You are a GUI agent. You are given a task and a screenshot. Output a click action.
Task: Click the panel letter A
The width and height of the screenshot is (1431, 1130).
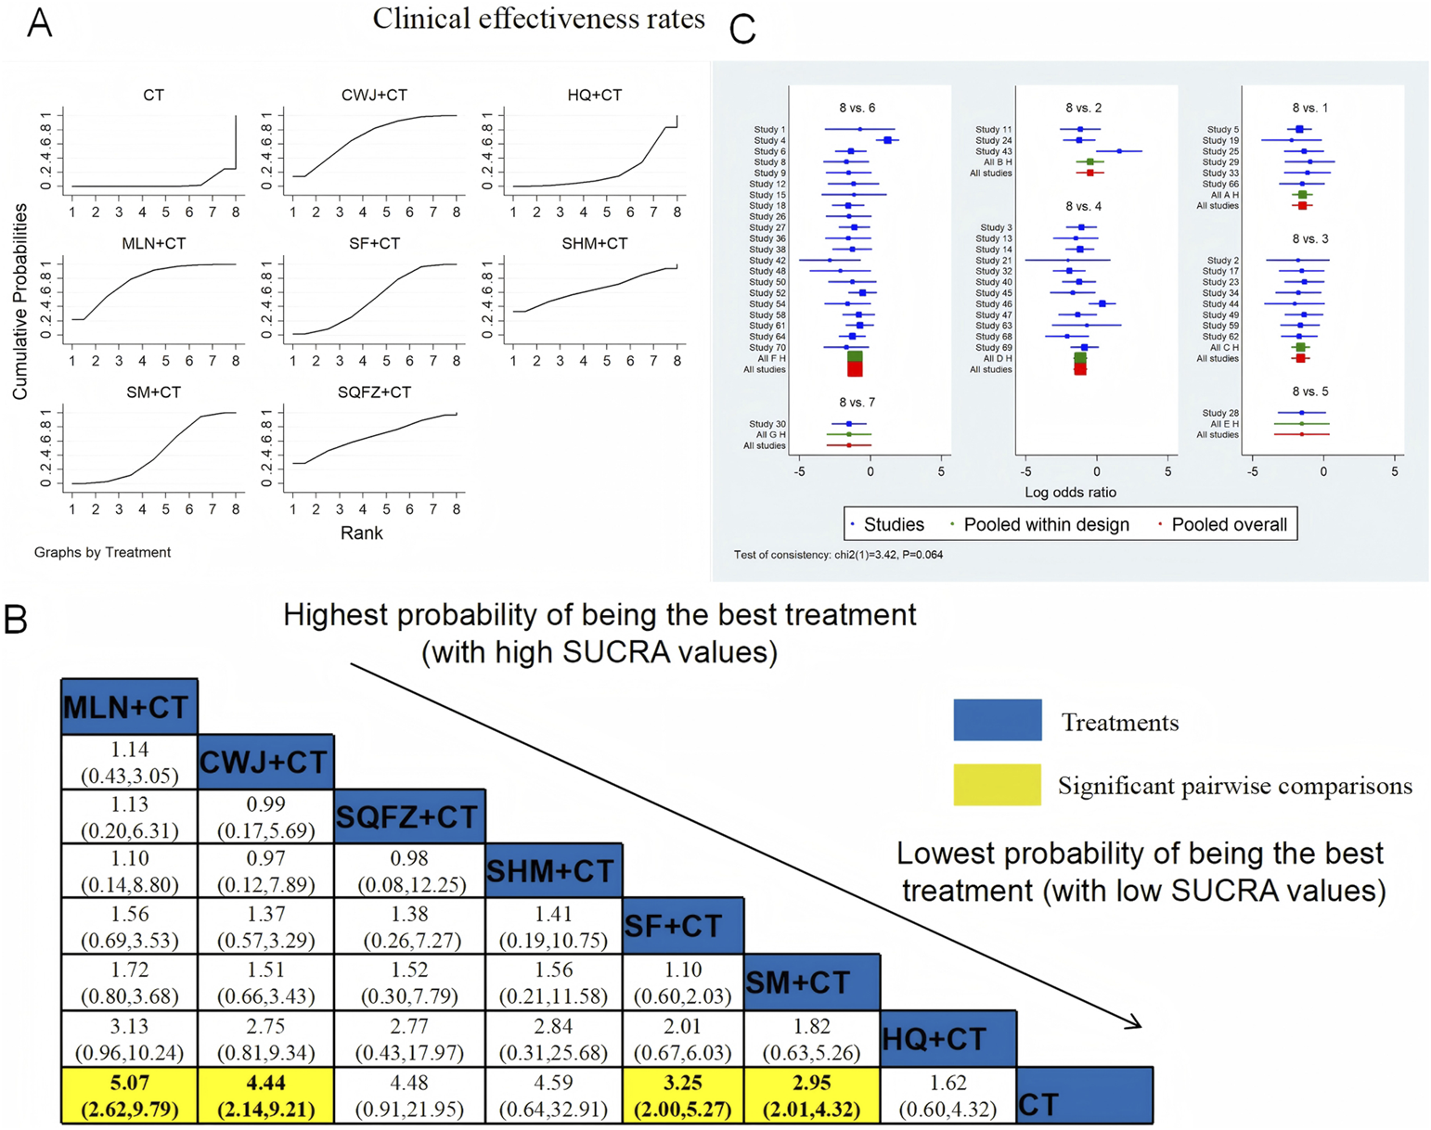tap(39, 23)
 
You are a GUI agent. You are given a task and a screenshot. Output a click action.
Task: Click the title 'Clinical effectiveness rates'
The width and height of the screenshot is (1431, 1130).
tap(538, 19)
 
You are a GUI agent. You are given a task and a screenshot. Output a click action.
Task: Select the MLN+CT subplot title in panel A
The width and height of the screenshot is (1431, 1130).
tap(153, 244)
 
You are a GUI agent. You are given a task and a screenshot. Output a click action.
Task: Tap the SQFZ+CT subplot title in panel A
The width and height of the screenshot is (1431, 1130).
tap(374, 392)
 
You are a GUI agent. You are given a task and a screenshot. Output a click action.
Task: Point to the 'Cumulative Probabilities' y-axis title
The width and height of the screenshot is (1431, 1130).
tap(20, 302)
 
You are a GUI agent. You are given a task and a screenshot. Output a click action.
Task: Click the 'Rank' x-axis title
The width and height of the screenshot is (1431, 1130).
tap(361, 533)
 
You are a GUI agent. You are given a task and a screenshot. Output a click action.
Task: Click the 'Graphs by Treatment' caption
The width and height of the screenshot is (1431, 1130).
tap(102, 553)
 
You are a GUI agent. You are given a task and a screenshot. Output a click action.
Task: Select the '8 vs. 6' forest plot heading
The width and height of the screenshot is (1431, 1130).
tap(857, 109)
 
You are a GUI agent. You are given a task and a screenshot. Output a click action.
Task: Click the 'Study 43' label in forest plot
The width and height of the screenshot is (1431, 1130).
tap(993, 151)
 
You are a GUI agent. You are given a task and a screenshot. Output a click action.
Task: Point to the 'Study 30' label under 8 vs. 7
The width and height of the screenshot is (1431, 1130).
tap(767, 424)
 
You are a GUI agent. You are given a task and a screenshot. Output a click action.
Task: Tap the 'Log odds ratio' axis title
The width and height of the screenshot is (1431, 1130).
tap(1070, 493)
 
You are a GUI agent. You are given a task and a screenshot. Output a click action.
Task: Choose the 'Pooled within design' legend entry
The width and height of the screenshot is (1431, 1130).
tap(1046, 525)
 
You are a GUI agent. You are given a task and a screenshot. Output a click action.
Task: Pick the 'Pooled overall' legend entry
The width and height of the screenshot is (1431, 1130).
tap(1229, 525)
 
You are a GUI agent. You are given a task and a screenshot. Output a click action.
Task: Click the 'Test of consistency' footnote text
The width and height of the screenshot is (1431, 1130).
tap(838, 555)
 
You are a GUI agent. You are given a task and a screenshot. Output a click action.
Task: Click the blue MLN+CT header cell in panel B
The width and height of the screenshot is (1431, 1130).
tap(129, 707)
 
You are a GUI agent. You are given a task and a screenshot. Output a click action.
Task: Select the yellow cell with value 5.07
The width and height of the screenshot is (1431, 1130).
tap(129, 1096)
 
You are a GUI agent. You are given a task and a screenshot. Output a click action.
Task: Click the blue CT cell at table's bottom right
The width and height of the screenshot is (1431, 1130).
tap(1084, 1096)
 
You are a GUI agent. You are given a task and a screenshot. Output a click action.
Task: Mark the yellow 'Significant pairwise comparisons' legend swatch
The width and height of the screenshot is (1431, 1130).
tap(997, 785)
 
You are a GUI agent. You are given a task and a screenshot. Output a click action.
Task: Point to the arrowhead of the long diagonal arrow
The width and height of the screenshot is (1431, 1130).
tap(1136, 1024)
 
